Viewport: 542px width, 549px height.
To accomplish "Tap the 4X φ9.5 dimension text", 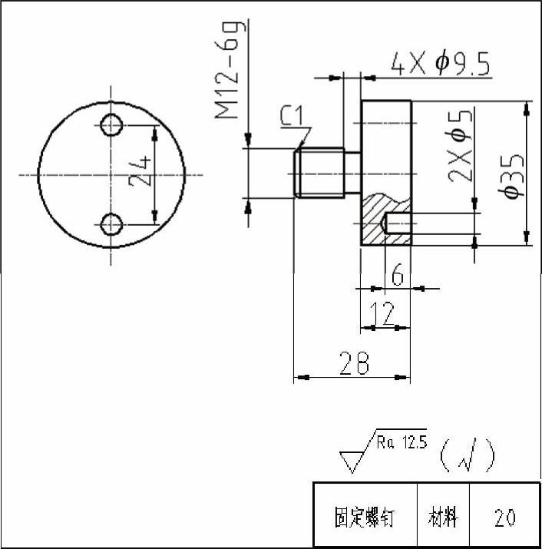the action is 440,64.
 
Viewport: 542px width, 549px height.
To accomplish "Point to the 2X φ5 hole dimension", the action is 460,146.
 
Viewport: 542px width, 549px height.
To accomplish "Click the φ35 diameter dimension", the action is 511,174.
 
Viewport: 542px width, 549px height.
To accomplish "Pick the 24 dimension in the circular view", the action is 140,171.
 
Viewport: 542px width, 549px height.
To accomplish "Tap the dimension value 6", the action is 398,274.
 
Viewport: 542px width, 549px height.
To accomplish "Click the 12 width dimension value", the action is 382,313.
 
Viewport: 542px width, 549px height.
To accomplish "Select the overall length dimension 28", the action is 354,363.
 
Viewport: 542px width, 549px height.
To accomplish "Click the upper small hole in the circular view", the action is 111,124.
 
